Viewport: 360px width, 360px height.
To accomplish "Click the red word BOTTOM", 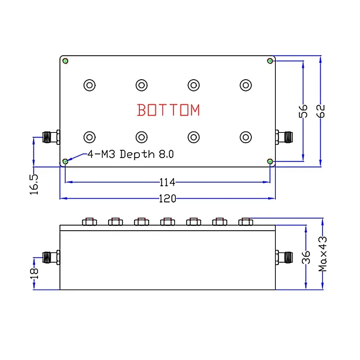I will (168, 110).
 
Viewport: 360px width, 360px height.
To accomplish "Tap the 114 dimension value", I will (167, 183).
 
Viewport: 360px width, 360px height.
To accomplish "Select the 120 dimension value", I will (167, 198).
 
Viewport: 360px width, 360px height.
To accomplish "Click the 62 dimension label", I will (321, 111).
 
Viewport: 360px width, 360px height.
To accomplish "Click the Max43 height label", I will (323, 254).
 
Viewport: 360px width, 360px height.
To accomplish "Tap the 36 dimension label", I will (306, 258).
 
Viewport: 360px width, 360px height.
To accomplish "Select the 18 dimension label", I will (34, 274).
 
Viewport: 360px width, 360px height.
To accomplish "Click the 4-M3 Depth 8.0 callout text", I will (130, 154).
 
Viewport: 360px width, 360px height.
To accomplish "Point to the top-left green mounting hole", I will (65, 61).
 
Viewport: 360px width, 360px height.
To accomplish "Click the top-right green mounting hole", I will (270, 61).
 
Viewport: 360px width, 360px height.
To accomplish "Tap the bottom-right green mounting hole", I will (270, 161).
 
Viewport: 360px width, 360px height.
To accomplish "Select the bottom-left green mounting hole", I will (65, 161).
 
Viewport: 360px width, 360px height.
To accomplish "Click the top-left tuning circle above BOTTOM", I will (89, 85).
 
